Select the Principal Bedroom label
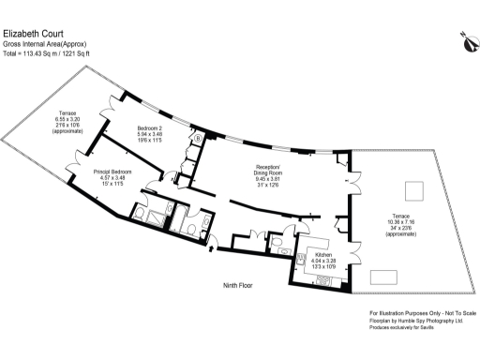(x=112, y=172)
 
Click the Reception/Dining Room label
(x=270, y=170)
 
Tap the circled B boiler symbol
(x=198, y=139)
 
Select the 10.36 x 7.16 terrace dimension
(x=408, y=223)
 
